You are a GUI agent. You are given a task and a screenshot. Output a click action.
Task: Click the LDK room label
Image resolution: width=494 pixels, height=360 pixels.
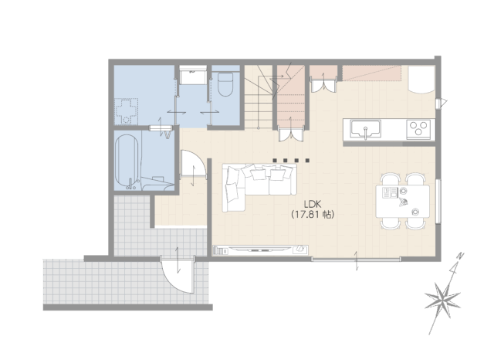coord(312,203)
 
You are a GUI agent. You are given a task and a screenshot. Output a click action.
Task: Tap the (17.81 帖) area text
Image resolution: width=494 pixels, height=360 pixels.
coord(312,215)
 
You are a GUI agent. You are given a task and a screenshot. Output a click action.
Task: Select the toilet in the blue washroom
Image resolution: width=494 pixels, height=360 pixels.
coord(225,84)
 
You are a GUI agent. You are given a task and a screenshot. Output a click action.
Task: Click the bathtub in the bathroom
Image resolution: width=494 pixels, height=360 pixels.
coord(127,162)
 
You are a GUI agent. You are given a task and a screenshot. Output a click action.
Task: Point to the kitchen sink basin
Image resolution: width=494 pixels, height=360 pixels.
coord(365,129)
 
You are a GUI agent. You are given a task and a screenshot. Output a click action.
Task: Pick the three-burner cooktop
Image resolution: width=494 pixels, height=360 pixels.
coord(418,129)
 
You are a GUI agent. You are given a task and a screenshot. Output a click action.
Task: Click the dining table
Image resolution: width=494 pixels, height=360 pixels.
coord(403,201)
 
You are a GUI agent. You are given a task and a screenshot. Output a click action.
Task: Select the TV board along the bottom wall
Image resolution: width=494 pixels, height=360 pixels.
coord(260,250)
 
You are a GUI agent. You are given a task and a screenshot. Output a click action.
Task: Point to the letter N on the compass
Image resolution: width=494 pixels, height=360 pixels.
coord(461,256)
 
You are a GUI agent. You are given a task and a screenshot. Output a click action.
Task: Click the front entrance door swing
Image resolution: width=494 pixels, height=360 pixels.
coord(178,275)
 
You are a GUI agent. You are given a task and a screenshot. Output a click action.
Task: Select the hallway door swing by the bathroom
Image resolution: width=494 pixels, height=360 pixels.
coord(193,165)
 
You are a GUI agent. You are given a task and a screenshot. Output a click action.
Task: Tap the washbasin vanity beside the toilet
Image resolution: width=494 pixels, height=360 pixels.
coord(193,75)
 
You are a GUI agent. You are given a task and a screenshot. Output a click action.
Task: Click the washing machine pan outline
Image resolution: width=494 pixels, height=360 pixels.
coord(126,111)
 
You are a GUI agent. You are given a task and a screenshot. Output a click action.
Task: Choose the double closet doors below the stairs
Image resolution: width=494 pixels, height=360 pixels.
coord(291,133)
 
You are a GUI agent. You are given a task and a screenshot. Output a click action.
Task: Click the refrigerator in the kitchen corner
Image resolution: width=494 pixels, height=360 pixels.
coord(422,80)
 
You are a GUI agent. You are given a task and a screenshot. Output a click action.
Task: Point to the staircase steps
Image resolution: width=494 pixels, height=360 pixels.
coord(259,97)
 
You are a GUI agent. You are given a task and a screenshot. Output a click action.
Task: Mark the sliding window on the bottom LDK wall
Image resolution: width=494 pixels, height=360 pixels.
coord(357,260)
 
